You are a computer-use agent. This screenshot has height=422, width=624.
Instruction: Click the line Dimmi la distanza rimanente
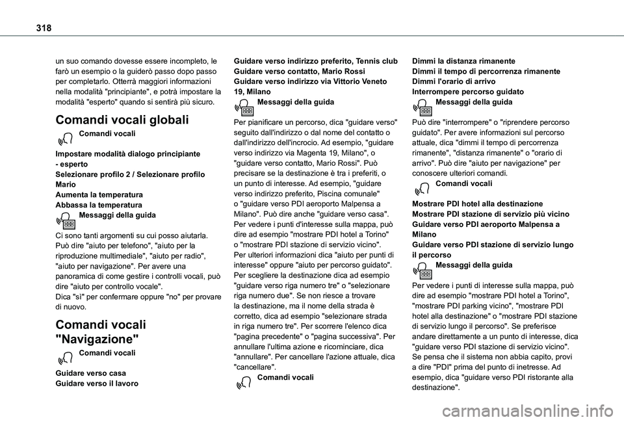point(464,60)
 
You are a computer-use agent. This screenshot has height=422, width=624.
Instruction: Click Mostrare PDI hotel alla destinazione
point(478,204)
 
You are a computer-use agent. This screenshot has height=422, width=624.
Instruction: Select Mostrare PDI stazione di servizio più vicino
point(491,214)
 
